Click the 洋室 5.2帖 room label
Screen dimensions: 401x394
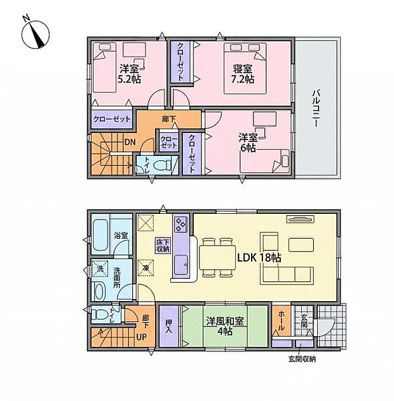[128, 74]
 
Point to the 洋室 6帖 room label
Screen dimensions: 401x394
[248, 142]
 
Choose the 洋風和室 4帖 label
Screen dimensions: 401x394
[227, 326]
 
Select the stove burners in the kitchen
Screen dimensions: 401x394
[180, 225]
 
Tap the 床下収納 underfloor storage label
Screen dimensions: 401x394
[163, 244]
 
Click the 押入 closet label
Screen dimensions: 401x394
[169, 326]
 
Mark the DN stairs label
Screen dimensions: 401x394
[129, 142]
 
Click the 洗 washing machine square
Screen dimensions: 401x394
[99, 269]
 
